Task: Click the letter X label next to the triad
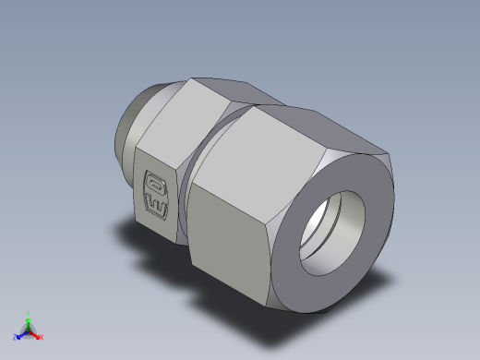(x=42, y=338)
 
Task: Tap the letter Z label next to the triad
(x=15, y=338)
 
